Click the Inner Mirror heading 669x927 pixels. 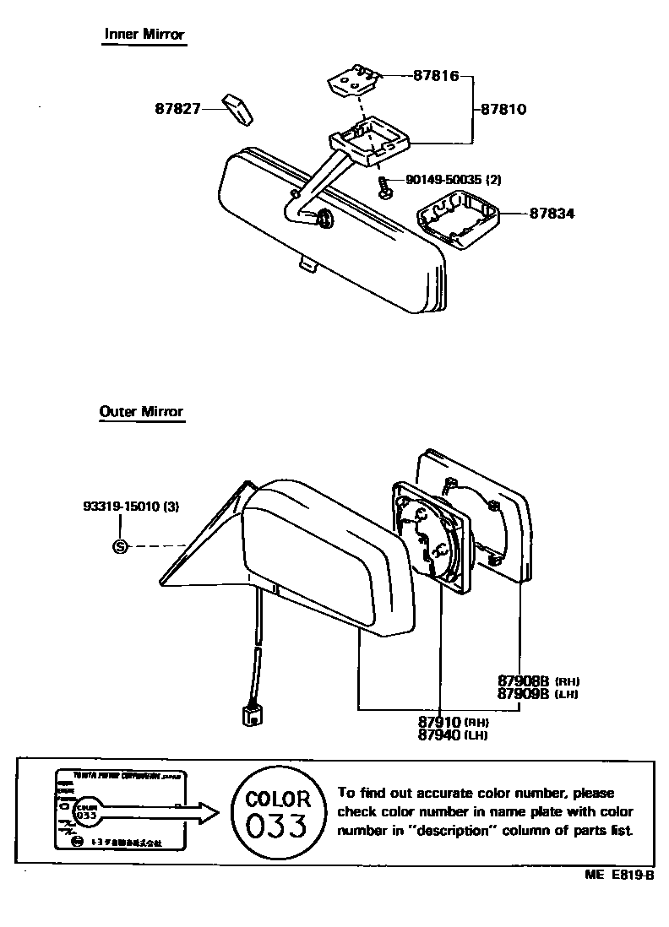point(144,34)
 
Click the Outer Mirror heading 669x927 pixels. point(141,412)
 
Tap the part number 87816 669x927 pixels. point(436,76)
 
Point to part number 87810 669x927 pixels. point(503,109)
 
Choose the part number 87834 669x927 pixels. point(552,214)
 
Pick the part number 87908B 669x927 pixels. point(523,680)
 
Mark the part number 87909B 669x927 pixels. point(523,693)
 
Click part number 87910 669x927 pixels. point(439,723)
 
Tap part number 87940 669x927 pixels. point(439,735)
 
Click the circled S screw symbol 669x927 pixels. point(120,546)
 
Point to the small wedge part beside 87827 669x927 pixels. point(237,109)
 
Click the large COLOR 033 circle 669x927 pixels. point(278,812)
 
